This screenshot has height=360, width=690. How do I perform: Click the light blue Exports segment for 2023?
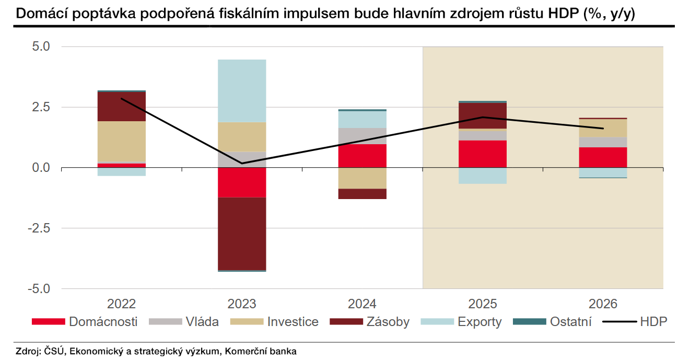pos(242,90)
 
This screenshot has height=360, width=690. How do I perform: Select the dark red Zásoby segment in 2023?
pos(242,234)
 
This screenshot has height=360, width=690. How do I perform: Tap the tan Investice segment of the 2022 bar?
pos(122,142)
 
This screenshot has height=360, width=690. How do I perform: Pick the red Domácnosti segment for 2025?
pos(483,154)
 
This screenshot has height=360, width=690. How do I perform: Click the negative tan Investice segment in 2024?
pos(362,178)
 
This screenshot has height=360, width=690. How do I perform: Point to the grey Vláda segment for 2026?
pos(603,142)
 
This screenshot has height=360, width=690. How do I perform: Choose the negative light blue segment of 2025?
pos(483,176)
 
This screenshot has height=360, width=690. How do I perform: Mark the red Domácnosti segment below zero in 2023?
pos(242,182)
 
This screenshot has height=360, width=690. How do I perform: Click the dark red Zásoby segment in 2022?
pos(122,107)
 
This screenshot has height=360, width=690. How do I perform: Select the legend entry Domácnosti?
pos(103,321)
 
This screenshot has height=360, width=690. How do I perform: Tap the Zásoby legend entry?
pos(388,321)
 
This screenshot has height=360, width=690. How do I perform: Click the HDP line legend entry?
pos(653,321)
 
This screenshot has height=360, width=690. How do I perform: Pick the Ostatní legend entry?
pos(570,321)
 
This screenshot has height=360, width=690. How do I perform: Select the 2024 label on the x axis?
pos(362,304)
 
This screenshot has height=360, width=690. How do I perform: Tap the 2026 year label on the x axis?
pos(603,304)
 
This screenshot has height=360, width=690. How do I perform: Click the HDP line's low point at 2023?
pos(242,164)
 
